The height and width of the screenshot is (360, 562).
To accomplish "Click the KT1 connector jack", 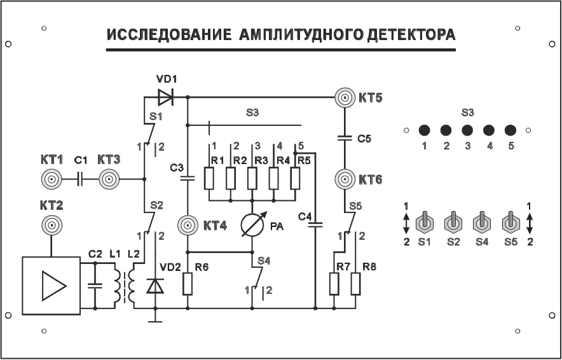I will point(51,180).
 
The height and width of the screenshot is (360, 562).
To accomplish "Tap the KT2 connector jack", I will point(51,225).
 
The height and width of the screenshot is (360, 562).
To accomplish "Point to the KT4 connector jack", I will point(188,225).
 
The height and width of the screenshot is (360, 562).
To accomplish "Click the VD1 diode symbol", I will point(166,97).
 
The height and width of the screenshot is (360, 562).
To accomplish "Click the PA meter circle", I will point(252,225).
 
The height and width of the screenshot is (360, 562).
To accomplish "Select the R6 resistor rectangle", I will point(188,284).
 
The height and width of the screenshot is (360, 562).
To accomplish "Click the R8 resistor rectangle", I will point(356,284).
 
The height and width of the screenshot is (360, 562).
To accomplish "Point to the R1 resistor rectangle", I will point(209,179).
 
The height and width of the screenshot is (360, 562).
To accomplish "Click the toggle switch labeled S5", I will point(510,223).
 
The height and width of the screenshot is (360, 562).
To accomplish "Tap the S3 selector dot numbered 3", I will point(467,130).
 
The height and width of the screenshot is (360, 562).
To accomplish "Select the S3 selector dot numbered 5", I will point(510,130).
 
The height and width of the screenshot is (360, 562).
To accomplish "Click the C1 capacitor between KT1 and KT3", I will point(80,180).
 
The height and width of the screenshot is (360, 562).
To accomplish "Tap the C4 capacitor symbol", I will point(315,224).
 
